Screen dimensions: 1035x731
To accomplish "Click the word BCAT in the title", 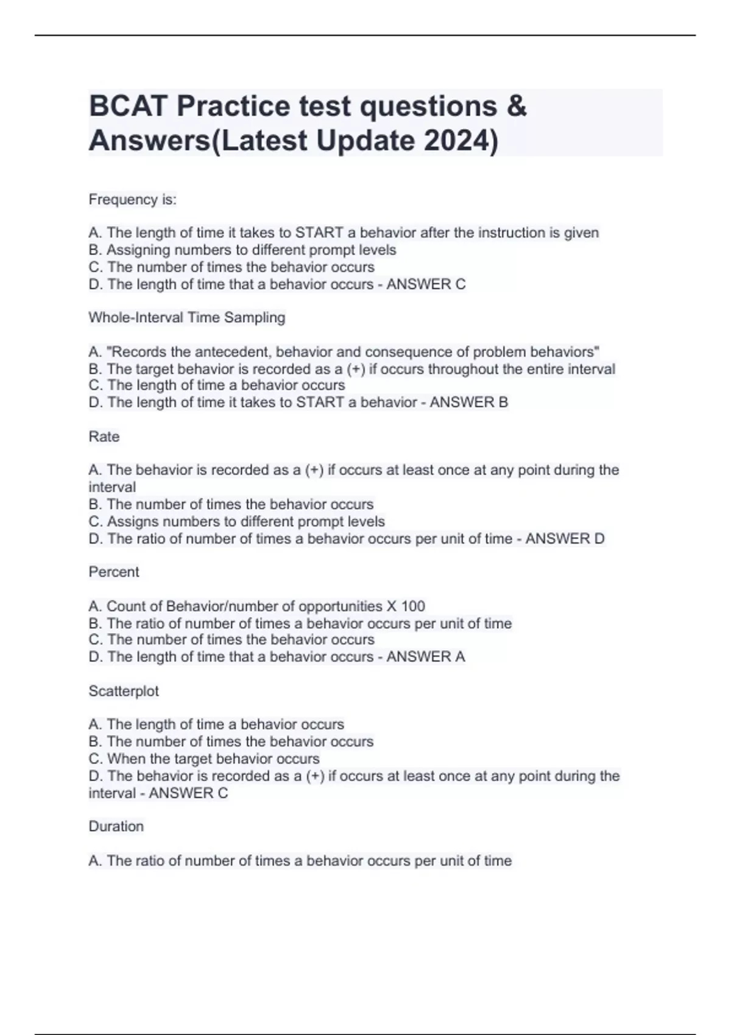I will (128, 107).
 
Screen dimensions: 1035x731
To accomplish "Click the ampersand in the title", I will (516, 107).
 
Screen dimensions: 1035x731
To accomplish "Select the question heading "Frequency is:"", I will (132, 200).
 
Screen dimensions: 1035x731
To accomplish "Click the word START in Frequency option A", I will (319, 233).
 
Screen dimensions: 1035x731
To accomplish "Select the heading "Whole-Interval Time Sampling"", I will (186, 318).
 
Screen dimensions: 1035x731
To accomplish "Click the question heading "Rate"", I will (104, 437).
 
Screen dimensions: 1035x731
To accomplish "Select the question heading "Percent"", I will (114, 572).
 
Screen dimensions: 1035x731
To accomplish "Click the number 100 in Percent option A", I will (413, 606).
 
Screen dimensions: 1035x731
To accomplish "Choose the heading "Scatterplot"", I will (124, 691).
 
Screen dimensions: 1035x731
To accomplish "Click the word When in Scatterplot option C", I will (124, 759).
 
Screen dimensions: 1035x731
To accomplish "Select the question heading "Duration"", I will (116, 827).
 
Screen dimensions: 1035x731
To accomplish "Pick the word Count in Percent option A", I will (126, 606).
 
